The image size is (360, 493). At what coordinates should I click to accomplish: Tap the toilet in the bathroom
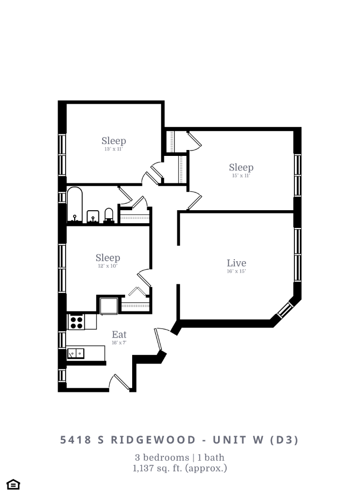coord(109,215)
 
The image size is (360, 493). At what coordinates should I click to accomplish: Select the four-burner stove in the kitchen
coord(76,321)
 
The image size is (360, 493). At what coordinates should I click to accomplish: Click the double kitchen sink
coord(75,353)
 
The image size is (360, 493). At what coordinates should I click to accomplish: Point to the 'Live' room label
coord(236,263)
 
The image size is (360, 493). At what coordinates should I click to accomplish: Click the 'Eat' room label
coord(119,335)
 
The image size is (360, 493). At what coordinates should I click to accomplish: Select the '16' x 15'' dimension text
coord(236,271)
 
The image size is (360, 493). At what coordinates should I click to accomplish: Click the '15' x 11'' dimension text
coord(241,175)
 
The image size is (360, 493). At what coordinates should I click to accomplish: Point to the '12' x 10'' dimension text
coord(107,266)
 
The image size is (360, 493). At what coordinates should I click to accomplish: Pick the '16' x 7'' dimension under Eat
coord(119,342)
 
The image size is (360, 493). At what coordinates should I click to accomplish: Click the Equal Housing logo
coord(13,484)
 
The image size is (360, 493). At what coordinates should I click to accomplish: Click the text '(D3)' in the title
coord(283,440)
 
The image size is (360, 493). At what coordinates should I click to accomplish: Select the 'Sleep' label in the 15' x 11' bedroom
coord(241,167)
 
